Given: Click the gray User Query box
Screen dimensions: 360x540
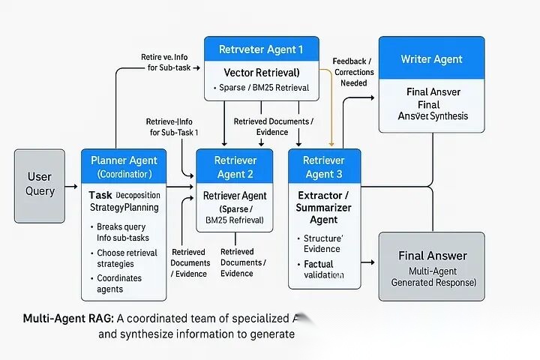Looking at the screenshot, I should [x=40, y=185].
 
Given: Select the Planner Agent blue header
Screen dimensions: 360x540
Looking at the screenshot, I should [x=124, y=166].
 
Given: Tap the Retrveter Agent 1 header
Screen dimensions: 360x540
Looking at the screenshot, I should [x=261, y=50].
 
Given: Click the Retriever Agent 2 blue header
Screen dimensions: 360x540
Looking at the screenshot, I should [x=235, y=167].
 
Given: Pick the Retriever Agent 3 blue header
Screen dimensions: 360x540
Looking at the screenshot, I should [x=324, y=167].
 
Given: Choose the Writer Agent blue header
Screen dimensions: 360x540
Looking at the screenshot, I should [x=431, y=59].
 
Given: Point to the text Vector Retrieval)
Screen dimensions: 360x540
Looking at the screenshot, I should [x=262, y=73].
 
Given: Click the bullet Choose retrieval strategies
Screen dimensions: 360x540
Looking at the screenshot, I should [x=126, y=258].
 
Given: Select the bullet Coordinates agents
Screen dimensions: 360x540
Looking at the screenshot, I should [x=119, y=283].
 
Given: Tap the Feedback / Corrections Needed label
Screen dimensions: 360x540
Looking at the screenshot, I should [x=354, y=72].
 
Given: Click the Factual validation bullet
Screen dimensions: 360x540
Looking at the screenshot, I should [x=322, y=269].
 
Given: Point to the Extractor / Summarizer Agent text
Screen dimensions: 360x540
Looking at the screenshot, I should [x=324, y=207].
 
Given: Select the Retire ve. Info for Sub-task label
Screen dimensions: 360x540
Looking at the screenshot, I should [x=169, y=62].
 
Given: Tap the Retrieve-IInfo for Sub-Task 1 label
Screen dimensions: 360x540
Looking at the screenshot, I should [x=174, y=126].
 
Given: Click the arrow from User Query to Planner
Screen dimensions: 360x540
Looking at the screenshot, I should [x=72, y=186].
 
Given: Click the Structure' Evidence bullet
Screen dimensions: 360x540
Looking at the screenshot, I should [x=322, y=244].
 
